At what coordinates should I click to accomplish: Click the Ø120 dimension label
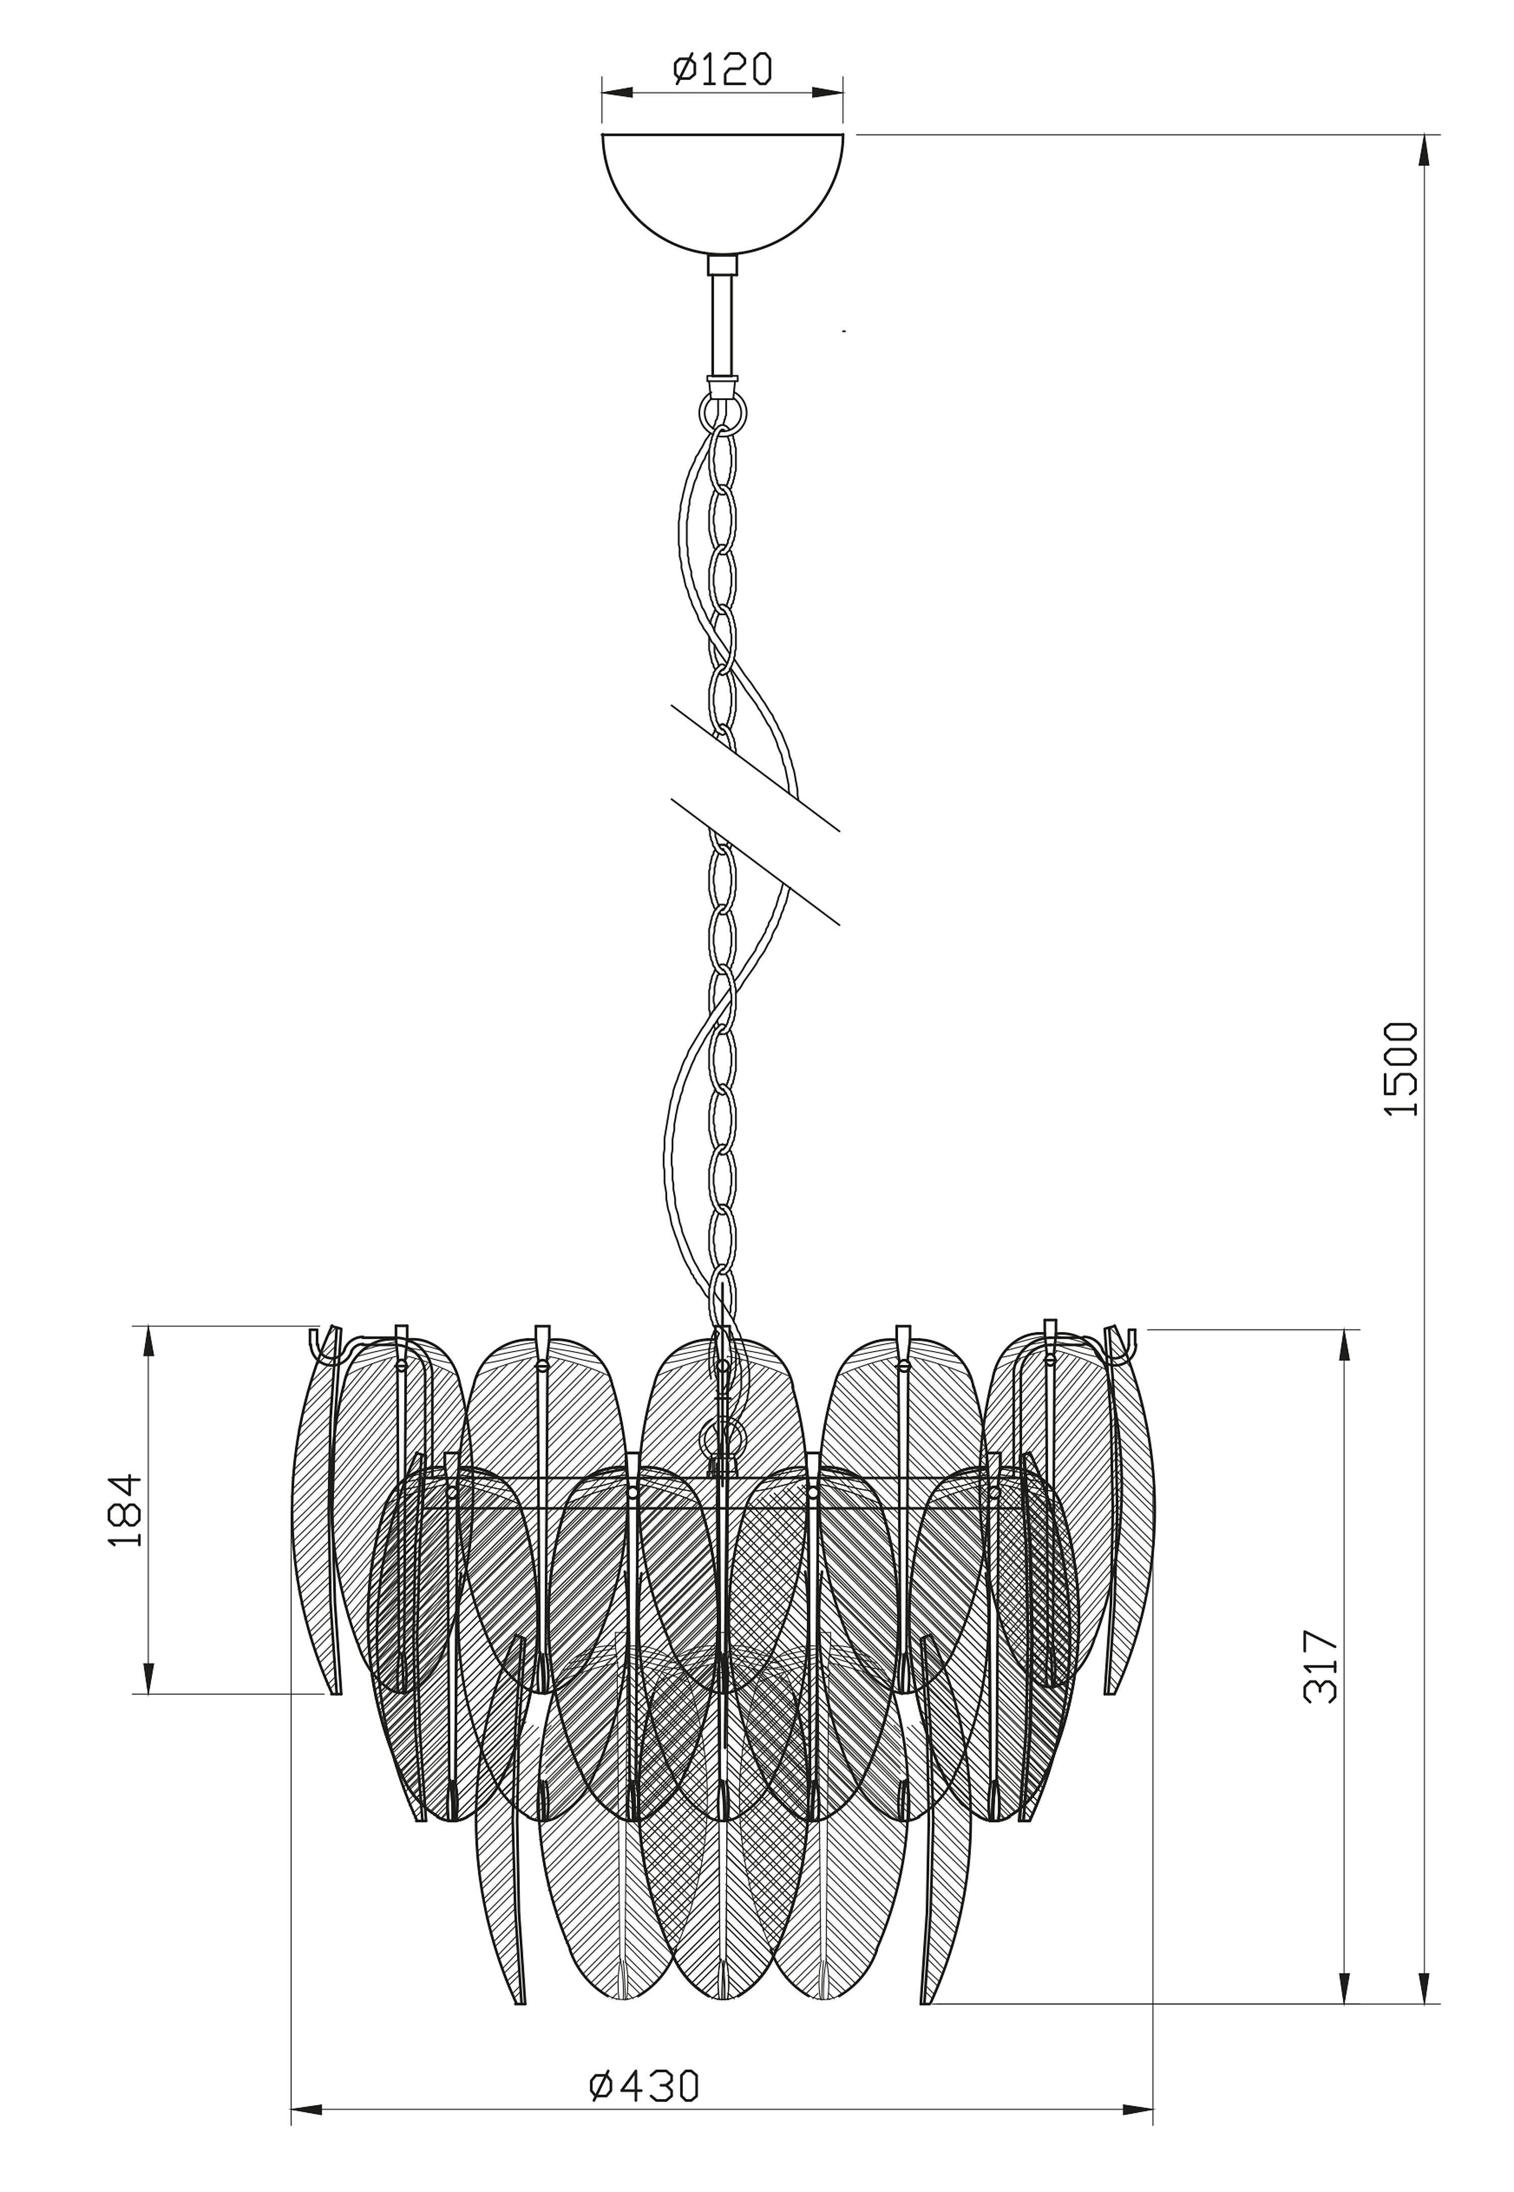tap(723, 69)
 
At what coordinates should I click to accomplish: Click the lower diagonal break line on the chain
tap(755, 861)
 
